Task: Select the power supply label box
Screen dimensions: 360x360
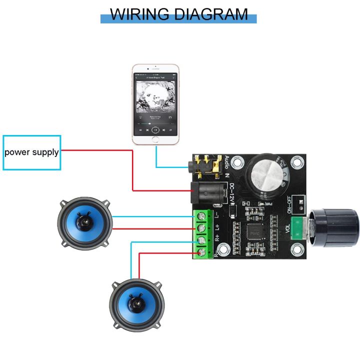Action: pos(31,152)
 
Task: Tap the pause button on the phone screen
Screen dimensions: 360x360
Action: pos(155,129)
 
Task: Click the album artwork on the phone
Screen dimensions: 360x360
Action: pos(155,98)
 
